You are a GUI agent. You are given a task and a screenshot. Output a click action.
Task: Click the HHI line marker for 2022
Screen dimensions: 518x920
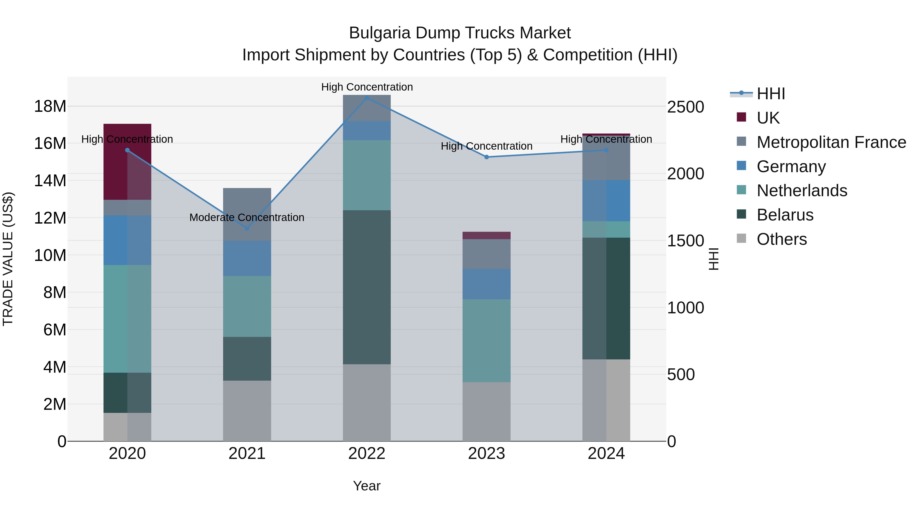[x=367, y=98]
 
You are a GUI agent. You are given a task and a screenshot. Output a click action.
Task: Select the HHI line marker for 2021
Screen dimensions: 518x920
[x=247, y=228]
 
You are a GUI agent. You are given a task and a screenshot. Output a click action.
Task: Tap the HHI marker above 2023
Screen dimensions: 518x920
[x=486, y=157]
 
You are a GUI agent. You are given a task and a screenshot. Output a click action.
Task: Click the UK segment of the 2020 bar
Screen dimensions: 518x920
[x=127, y=162]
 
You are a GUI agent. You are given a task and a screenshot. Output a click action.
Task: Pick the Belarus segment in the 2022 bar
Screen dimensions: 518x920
[x=367, y=287]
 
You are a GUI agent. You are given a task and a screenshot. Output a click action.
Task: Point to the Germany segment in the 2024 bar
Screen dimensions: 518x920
[x=606, y=201]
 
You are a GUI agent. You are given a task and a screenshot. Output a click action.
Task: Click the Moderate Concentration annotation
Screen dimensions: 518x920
[x=247, y=217]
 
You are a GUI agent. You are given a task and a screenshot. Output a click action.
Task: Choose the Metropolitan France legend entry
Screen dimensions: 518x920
[x=831, y=142]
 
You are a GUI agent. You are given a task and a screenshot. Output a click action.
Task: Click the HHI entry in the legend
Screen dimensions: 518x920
[x=771, y=94]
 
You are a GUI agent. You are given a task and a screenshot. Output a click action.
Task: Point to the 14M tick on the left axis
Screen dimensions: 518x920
[x=50, y=181]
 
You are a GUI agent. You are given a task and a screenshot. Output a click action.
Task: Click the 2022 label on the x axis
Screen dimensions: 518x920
[x=367, y=454]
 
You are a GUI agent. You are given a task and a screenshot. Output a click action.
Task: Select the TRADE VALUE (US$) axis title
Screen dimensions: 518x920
[x=8, y=259]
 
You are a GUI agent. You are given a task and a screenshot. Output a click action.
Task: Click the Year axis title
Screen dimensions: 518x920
[x=367, y=486]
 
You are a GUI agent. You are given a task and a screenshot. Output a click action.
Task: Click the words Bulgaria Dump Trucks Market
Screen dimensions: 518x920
[x=460, y=33]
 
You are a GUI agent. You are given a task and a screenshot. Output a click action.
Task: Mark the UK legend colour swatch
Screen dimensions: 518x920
[x=741, y=117]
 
